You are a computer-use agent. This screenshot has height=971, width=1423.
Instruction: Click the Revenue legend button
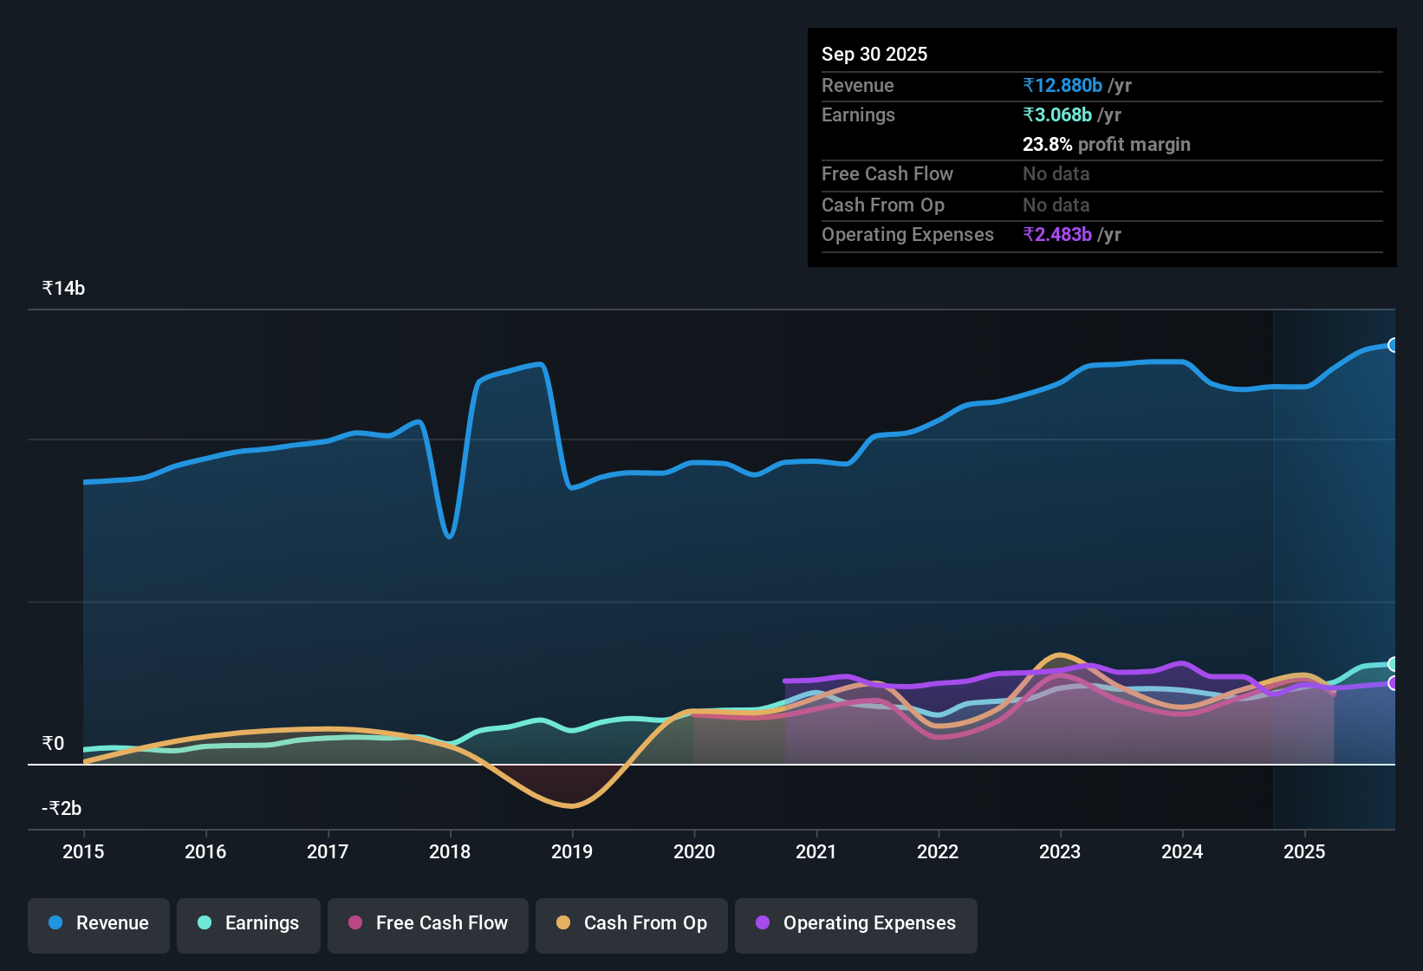tap(99, 923)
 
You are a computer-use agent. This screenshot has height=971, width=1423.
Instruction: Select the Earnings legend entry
tap(249, 923)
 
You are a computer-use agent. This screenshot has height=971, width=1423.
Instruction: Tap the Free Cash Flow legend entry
tap(428, 923)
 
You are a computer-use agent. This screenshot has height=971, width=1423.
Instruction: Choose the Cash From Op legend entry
tap(632, 923)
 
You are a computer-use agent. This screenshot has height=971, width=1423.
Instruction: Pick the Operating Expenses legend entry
tap(856, 923)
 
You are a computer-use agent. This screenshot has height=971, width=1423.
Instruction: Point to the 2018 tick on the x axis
tap(450, 851)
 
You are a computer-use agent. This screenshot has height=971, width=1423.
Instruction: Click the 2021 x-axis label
tap(815, 851)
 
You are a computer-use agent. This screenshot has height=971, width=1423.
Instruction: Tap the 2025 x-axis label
tap(1303, 851)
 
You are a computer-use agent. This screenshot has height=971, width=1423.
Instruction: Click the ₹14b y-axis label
tap(63, 289)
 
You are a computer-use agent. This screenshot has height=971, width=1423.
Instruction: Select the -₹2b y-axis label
tap(62, 808)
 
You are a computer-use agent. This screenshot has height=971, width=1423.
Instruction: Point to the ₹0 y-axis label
tap(53, 743)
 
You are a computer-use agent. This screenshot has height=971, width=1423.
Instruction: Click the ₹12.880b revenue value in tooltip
tap(1062, 85)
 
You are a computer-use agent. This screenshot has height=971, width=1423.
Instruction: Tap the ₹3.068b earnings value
tap(1057, 114)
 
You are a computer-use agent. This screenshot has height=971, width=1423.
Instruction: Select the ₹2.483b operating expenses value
tap(1057, 234)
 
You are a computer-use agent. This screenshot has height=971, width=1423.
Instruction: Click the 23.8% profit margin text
tap(1106, 144)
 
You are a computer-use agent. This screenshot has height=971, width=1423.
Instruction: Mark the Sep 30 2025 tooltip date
tap(874, 54)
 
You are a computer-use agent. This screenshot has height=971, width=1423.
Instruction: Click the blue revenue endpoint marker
tap(1393, 345)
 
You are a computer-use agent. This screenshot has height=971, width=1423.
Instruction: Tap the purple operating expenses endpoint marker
tap(1393, 683)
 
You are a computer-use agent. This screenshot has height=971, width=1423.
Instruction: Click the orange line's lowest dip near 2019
tap(571, 806)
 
